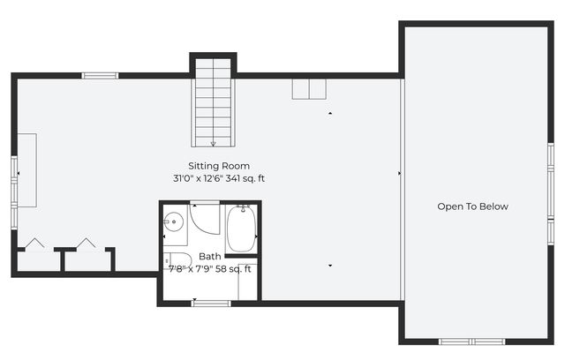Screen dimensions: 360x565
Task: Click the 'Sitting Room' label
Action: [218, 166]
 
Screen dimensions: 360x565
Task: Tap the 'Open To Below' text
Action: [472, 206]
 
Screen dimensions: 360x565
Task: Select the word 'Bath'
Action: [210, 257]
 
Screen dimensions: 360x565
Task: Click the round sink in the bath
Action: [175, 222]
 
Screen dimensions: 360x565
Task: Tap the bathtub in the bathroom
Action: [241, 229]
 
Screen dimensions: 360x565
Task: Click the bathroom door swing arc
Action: [205, 218]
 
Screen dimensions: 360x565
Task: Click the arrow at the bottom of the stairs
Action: [214, 143]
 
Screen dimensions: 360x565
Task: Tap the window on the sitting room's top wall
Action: [101, 76]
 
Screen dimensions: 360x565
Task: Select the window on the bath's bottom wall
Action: [212, 304]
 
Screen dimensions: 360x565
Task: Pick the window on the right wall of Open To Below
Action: [549, 181]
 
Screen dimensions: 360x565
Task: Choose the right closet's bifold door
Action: [87, 243]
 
